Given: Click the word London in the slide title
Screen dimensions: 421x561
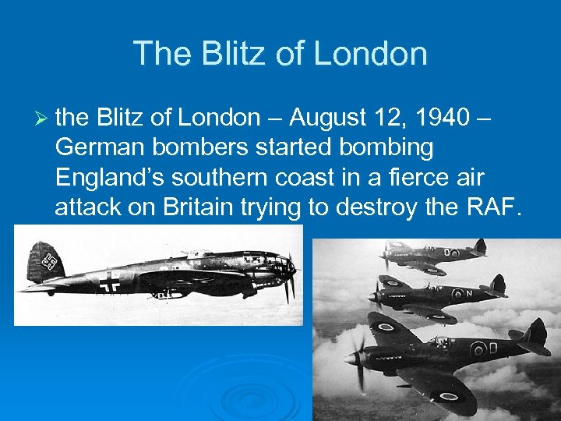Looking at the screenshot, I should point(372,54).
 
